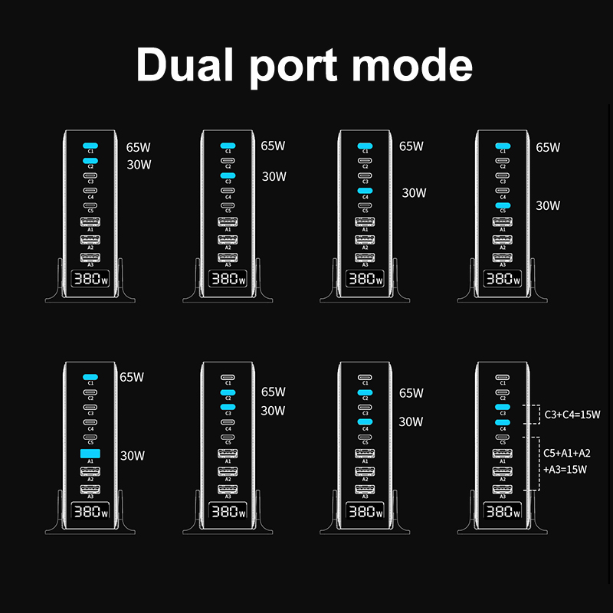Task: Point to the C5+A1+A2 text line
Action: click(x=568, y=454)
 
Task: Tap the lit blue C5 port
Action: click(x=503, y=205)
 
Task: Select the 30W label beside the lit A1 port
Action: click(x=133, y=456)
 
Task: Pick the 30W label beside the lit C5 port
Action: click(x=548, y=205)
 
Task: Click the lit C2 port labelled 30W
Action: click(x=90, y=160)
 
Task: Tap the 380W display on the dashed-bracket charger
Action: click(x=503, y=510)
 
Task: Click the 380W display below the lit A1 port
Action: click(x=90, y=510)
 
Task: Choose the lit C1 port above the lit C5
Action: click(x=503, y=146)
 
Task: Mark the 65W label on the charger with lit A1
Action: click(x=132, y=377)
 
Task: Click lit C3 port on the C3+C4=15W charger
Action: click(x=503, y=407)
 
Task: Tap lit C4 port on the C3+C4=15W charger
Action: click(x=503, y=422)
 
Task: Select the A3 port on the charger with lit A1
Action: click(x=90, y=488)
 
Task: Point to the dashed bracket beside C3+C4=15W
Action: click(x=526, y=415)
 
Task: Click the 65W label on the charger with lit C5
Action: click(x=548, y=147)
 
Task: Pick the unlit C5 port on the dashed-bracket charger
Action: click(x=503, y=437)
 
